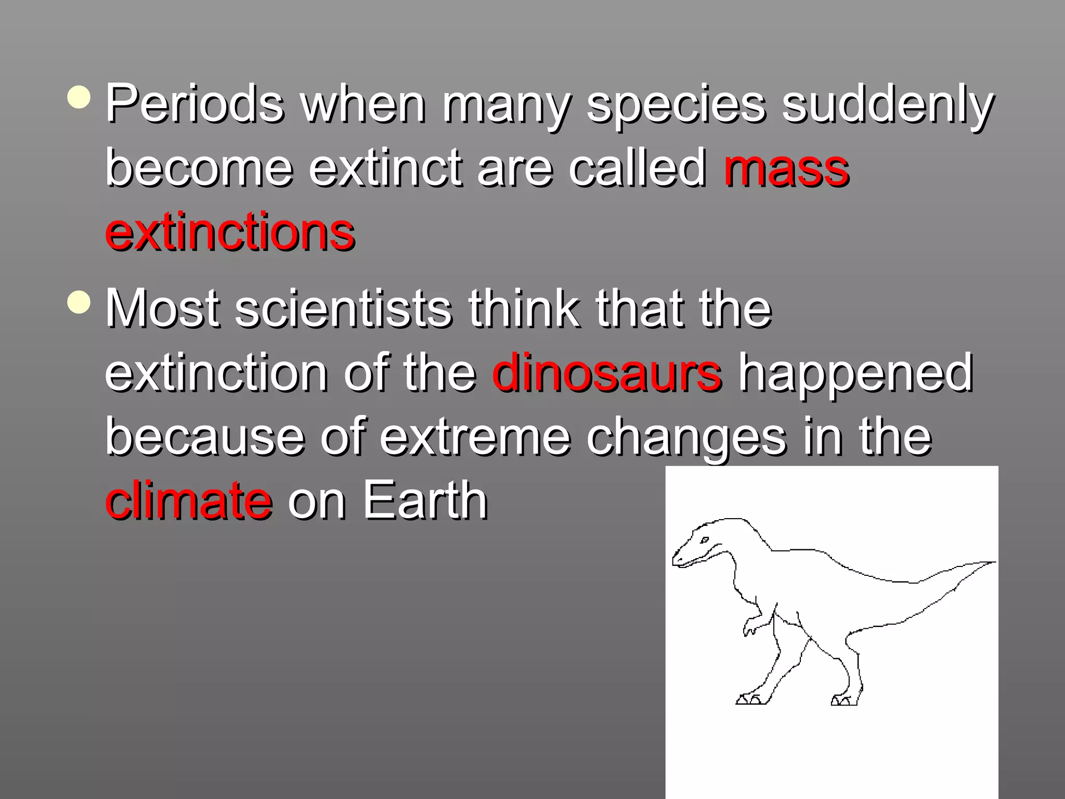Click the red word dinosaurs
[x=606, y=372]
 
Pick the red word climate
[x=188, y=500]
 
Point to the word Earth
[x=425, y=500]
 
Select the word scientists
[x=343, y=309]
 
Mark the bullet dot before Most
[x=79, y=302]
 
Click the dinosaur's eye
[x=705, y=540]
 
